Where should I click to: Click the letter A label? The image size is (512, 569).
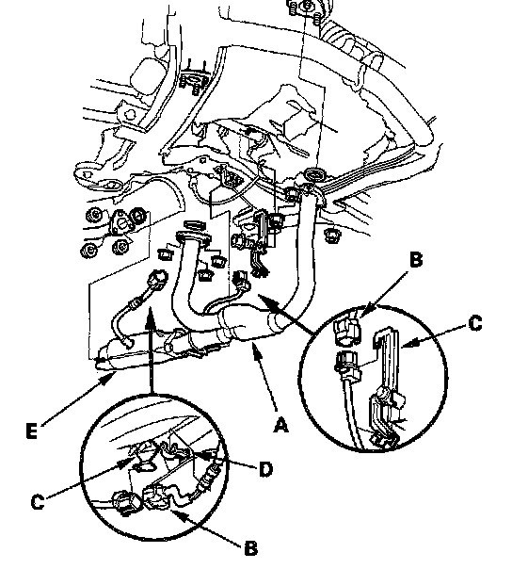[281, 425]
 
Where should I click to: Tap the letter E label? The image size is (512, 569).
[32, 431]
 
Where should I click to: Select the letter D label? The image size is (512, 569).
[265, 469]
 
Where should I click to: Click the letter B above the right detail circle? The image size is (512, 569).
[416, 260]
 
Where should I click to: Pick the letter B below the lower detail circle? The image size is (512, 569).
[251, 548]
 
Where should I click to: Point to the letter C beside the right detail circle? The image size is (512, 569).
[475, 323]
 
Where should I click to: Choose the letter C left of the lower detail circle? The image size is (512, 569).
[38, 502]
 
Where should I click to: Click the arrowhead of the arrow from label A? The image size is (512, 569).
[255, 350]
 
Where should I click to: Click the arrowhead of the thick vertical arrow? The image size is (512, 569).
[151, 315]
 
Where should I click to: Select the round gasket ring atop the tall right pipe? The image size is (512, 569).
[314, 175]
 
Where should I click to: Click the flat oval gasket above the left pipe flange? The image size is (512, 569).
[196, 224]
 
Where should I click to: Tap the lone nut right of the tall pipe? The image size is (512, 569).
[331, 236]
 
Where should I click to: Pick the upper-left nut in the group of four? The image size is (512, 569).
[95, 216]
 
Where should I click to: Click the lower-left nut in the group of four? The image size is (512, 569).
[88, 250]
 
